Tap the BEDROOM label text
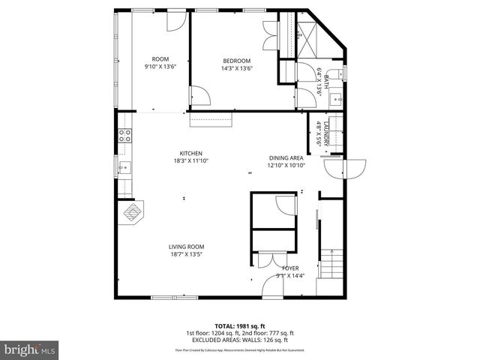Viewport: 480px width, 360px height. point(236,61)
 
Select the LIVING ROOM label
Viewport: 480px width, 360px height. point(186,247)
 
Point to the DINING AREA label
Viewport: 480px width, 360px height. point(286,157)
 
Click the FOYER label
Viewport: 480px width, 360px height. point(290,268)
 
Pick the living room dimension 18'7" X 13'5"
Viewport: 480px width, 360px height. point(186,254)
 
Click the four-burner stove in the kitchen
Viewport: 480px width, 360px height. point(125,136)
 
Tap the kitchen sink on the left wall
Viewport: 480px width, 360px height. point(124,168)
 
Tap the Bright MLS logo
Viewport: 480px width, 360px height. point(29,349)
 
